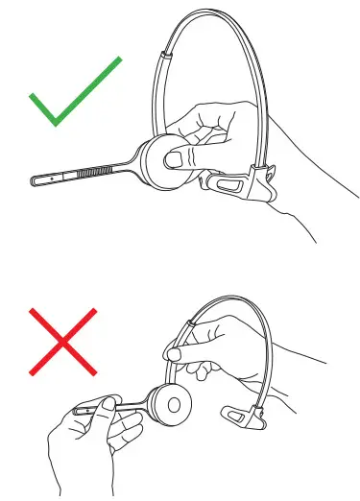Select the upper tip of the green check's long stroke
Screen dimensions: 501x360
point(119,60)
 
